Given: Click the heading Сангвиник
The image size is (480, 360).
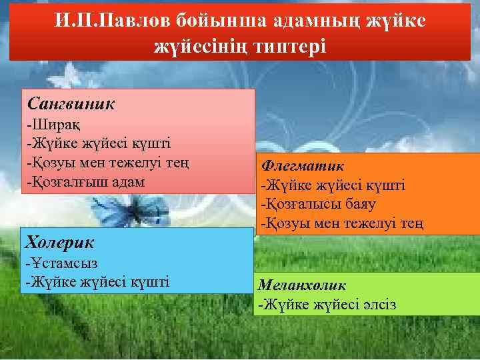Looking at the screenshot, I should pos(71,104).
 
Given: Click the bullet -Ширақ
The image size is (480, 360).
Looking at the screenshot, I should pos(46,125).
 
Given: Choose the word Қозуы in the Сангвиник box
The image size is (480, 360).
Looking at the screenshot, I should pos(49,162).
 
